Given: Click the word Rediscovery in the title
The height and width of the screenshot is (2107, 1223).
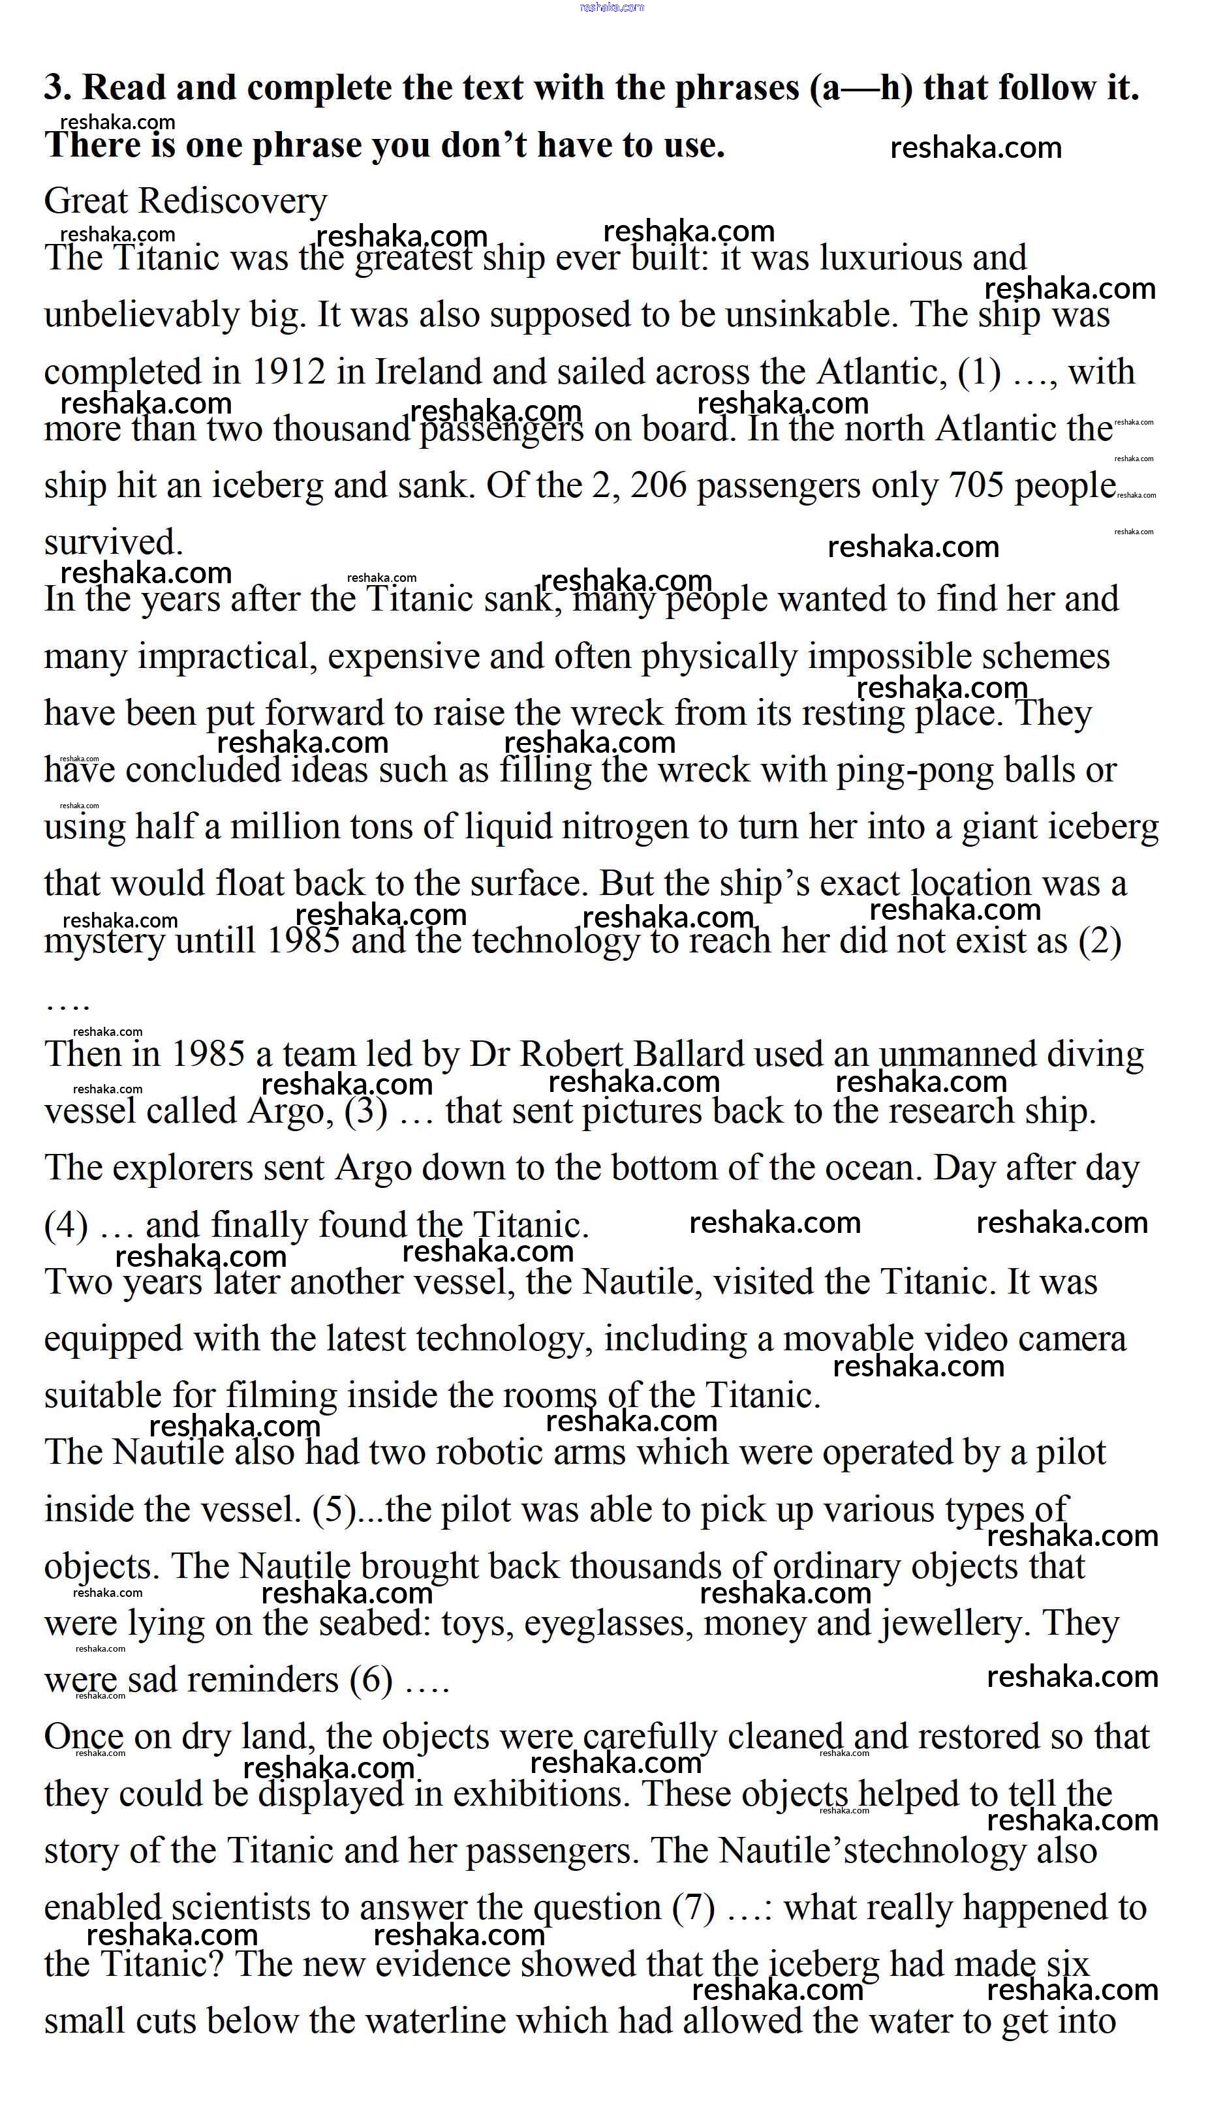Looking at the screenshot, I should pos(232,202).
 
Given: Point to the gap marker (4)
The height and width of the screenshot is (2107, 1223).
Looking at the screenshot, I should pos(66,1226).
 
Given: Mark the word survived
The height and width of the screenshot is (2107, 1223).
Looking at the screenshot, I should pos(113,543).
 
